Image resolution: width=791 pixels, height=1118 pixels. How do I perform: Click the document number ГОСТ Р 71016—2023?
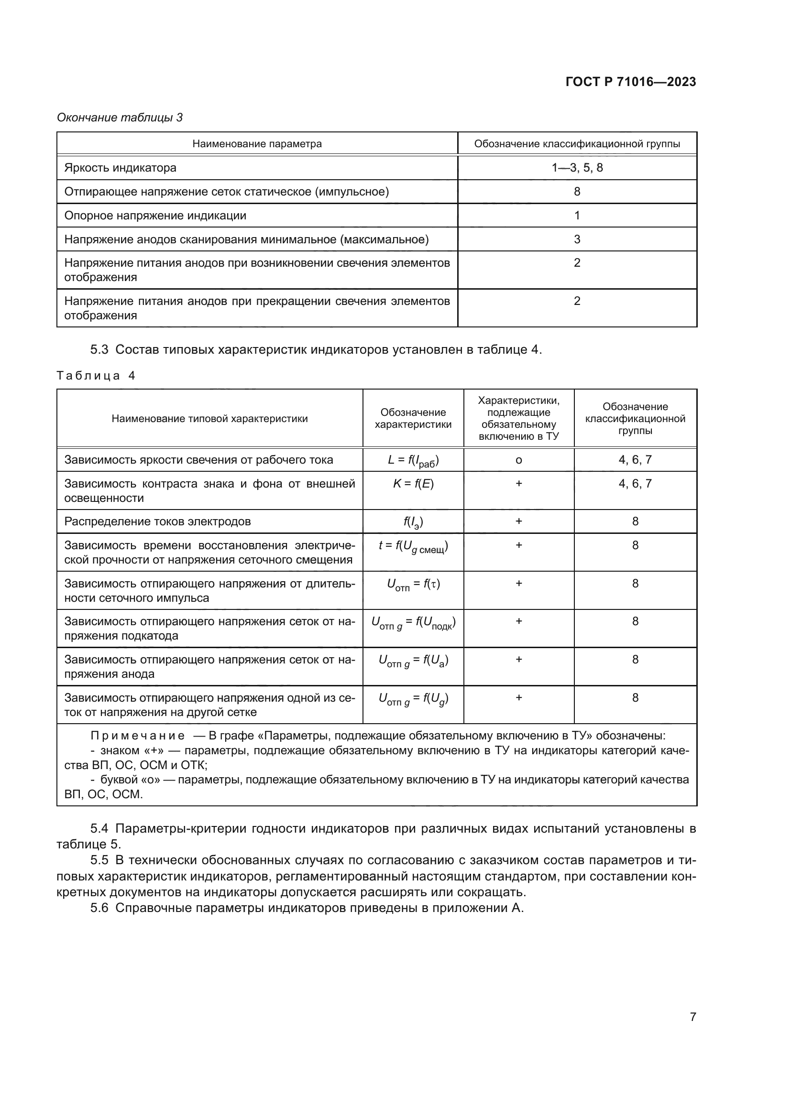click(630, 82)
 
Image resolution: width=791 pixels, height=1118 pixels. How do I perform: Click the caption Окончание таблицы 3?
click(120, 118)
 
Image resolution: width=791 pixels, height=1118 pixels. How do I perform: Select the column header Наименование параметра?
click(257, 144)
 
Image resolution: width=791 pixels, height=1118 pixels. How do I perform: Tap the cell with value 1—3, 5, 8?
click(577, 167)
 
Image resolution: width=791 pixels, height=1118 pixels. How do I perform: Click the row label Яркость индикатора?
click(121, 167)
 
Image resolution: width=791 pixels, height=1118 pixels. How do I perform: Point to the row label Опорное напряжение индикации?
click(155, 215)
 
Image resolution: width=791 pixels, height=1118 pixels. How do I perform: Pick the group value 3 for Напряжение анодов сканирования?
click(577, 239)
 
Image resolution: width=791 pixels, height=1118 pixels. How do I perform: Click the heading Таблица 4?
click(96, 375)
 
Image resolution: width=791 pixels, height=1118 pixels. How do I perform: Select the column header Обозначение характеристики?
click(413, 418)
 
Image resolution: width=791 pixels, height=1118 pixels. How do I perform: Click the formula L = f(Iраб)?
click(413, 460)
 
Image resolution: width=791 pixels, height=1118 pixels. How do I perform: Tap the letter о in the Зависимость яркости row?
click(518, 460)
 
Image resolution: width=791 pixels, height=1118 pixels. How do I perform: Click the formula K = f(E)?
click(413, 484)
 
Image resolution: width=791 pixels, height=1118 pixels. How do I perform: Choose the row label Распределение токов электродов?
click(157, 521)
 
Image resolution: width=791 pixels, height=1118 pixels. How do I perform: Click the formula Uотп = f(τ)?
click(413, 584)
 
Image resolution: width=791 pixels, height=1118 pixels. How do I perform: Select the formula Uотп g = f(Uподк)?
click(413, 622)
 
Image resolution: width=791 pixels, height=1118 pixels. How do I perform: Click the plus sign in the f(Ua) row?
click(518, 659)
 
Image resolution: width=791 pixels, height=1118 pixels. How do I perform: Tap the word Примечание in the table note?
click(137, 736)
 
